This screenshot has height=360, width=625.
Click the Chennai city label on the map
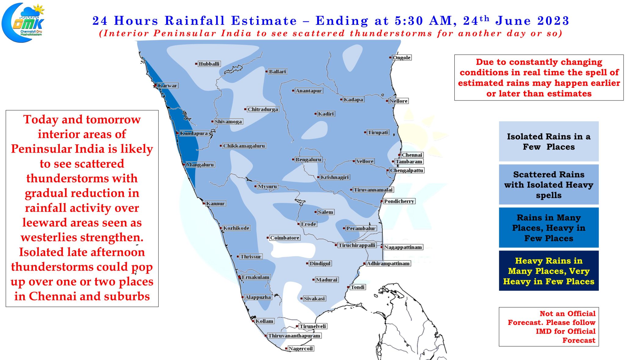coord(412,155)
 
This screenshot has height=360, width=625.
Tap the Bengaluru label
coord(308,159)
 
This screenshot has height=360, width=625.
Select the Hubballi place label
coord(209,64)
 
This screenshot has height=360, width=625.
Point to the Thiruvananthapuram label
coord(294,336)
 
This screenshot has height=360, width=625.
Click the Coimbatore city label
coord(284,238)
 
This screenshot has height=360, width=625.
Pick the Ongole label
coord(401,57)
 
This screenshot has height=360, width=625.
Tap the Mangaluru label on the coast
coord(200,165)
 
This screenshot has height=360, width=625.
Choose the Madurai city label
coord(326,280)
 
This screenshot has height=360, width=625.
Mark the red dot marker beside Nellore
coord(387,101)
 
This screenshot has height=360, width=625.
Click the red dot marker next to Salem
coord(316,212)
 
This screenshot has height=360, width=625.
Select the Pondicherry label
coord(399,201)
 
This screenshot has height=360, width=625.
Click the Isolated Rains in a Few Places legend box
coord(548,141)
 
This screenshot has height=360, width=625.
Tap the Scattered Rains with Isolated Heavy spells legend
coord(548,184)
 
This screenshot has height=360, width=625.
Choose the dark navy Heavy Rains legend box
coord(548,271)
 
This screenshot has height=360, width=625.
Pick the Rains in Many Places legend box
coord(548,227)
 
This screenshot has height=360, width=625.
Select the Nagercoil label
coord(300,348)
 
